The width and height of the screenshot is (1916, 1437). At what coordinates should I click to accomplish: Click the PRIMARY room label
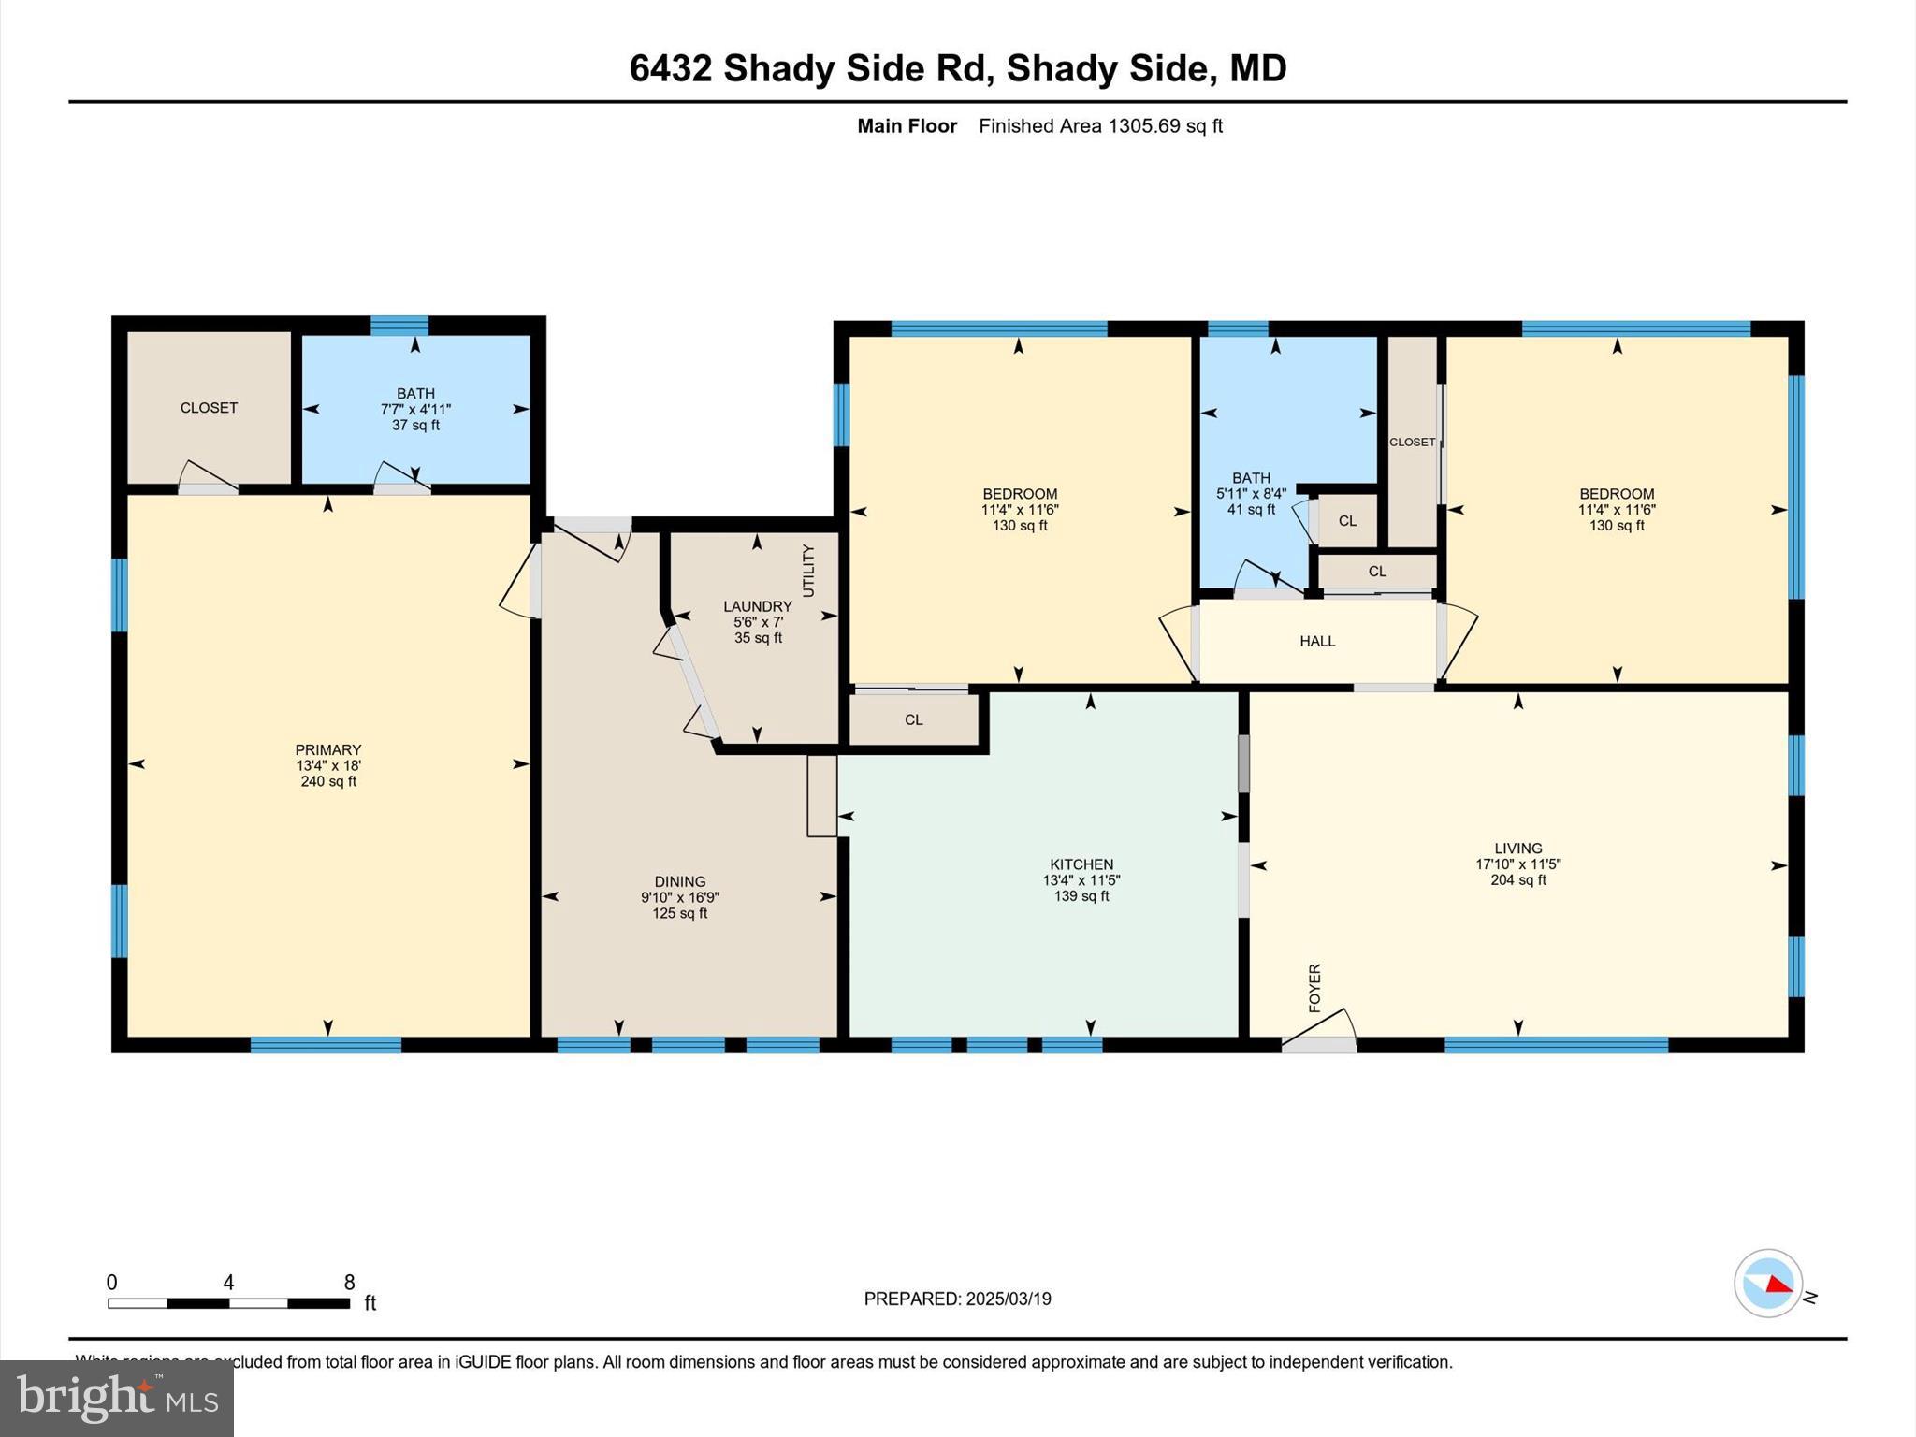tap(327, 749)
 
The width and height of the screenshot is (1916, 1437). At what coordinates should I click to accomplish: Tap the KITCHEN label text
tap(1081, 864)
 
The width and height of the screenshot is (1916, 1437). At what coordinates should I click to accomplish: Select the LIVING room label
tap(1517, 849)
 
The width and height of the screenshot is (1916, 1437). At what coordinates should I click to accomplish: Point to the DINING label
tap(680, 881)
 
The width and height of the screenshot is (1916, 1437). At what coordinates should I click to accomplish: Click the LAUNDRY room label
tap(757, 606)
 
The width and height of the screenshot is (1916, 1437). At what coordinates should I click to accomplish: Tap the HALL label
tap(1317, 641)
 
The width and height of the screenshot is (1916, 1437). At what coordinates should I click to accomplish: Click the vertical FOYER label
tap(1314, 988)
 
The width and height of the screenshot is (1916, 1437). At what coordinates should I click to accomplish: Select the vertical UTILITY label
tap(808, 571)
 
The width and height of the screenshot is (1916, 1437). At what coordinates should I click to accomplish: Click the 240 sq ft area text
tap(327, 781)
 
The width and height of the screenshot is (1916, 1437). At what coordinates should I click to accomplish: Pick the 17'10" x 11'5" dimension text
tap(1517, 864)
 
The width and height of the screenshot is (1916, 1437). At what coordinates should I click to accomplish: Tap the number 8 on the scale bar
tap(349, 1283)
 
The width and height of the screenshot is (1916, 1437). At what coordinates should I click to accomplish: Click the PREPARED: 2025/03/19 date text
tap(957, 1299)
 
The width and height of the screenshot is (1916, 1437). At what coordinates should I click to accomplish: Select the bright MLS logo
tap(117, 1399)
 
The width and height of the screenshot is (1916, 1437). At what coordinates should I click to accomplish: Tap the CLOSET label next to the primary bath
tap(209, 407)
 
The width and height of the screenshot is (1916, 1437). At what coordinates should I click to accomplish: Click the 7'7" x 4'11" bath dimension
tap(415, 409)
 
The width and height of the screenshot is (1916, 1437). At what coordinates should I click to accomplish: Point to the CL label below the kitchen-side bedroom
tap(914, 719)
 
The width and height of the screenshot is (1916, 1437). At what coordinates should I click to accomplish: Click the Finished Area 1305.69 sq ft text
tap(1100, 126)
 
